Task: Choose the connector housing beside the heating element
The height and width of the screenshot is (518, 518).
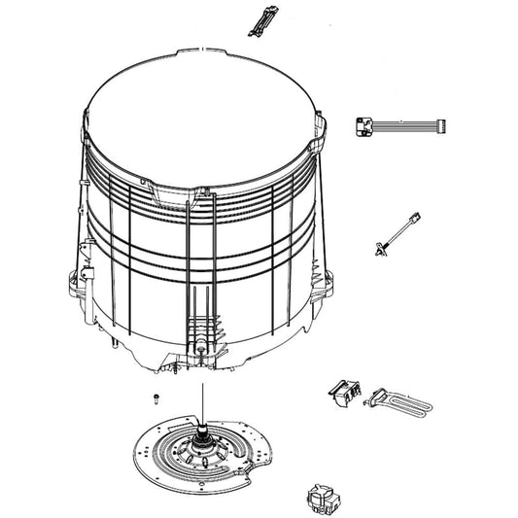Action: pyautogui.click(x=343, y=391)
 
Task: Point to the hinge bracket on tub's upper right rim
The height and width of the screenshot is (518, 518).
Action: pyautogui.click(x=315, y=147)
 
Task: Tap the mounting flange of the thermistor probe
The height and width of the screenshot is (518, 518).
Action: pyautogui.click(x=378, y=249)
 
